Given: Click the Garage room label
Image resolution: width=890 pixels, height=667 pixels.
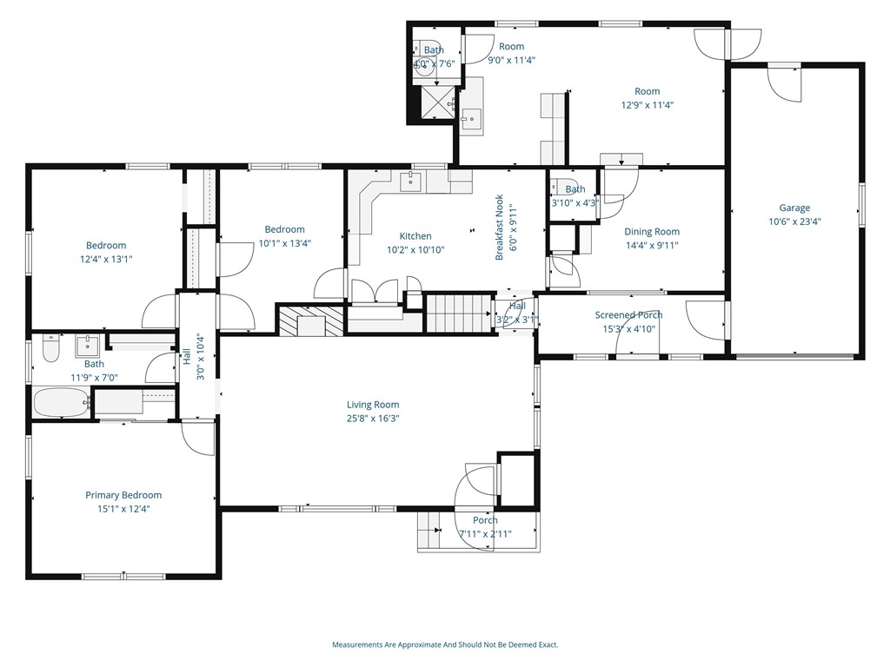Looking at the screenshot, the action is pyautogui.click(x=794, y=208).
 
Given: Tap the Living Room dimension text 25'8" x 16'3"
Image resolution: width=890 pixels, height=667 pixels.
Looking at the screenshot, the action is pyautogui.click(x=373, y=419).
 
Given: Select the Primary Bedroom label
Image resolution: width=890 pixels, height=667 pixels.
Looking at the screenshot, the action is pyautogui.click(x=123, y=495).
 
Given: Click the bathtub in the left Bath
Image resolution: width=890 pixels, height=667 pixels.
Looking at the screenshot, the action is pyautogui.click(x=62, y=403).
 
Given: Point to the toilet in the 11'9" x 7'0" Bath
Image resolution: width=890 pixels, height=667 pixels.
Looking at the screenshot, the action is pyautogui.click(x=51, y=349).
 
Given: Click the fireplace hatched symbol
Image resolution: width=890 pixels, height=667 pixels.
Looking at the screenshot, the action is pyautogui.click(x=311, y=322).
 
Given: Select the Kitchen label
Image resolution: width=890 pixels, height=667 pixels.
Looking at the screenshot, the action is pyautogui.click(x=415, y=236).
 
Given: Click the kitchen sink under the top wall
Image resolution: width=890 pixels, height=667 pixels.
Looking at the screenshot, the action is pyautogui.click(x=410, y=182).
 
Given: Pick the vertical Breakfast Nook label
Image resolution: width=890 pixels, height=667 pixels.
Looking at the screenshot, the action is pyautogui.click(x=500, y=228).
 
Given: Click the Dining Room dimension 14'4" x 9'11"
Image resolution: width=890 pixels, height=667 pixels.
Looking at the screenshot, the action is pyautogui.click(x=652, y=246).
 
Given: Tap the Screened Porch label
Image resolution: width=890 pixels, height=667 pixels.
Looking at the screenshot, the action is pyautogui.click(x=628, y=314).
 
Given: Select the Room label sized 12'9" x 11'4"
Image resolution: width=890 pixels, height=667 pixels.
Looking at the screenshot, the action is pyautogui.click(x=647, y=91).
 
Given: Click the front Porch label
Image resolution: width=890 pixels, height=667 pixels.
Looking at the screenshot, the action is pyautogui.click(x=485, y=520).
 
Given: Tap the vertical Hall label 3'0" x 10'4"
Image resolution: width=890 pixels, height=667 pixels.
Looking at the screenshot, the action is pyautogui.click(x=193, y=357).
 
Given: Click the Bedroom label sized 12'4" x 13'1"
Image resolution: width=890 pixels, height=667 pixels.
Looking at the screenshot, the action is pyautogui.click(x=106, y=246).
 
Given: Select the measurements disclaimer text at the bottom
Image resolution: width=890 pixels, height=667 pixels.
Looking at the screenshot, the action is pyautogui.click(x=445, y=645).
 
